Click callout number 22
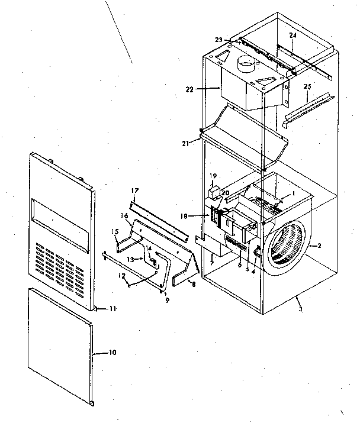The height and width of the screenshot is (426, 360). [x=189, y=90]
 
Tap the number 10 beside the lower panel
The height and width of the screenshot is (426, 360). [x=112, y=353]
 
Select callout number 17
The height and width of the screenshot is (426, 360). [x=134, y=191]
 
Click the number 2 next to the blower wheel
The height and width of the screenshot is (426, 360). [x=319, y=245]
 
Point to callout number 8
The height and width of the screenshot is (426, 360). [x=192, y=284]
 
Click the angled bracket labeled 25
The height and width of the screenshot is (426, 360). [x=303, y=106]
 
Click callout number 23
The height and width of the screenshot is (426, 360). [x=218, y=40]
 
